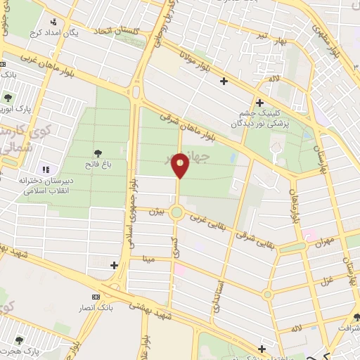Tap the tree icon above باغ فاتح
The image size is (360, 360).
[97, 153]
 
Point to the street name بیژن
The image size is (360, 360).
[158, 211]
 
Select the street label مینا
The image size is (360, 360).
[148, 258]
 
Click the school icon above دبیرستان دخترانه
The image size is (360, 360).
[46, 169]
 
